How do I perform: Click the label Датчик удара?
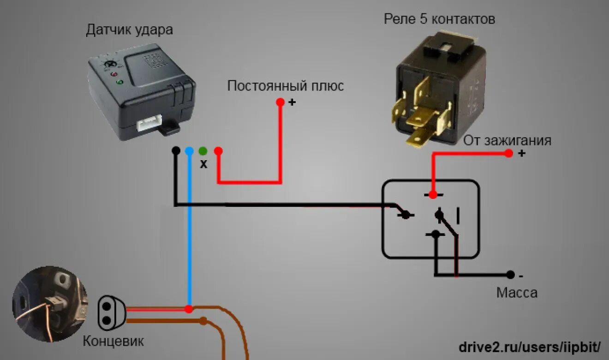click(130, 30)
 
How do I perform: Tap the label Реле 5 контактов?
click(439, 19)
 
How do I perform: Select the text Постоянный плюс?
click(285, 86)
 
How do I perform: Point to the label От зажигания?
click(507, 140)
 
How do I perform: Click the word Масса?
click(517, 293)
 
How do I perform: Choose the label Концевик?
click(113, 341)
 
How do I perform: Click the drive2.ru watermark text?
click(530, 347)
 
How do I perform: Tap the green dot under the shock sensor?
click(203, 150)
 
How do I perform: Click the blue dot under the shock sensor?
click(189, 150)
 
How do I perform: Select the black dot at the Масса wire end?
click(510, 275)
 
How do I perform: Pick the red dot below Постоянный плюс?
click(280, 102)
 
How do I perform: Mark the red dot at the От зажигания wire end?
click(508, 153)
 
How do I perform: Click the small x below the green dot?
click(203, 164)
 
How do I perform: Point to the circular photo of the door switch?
click(50, 304)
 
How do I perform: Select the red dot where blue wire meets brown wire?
click(189, 309)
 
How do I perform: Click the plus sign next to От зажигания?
click(521, 153)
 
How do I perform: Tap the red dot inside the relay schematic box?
click(433, 195)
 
